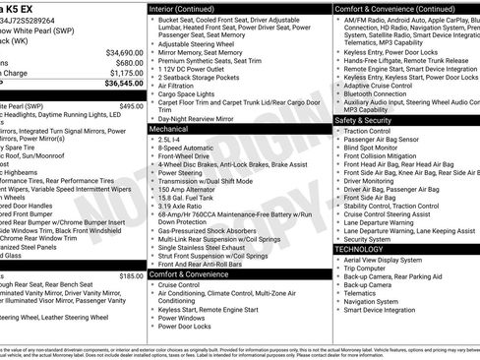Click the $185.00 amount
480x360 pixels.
click(x=132, y=276)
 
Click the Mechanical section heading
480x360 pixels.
click(x=169, y=129)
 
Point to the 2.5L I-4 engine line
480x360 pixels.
click(x=170, y=140)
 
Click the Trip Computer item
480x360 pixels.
click(x=365, y=268)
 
